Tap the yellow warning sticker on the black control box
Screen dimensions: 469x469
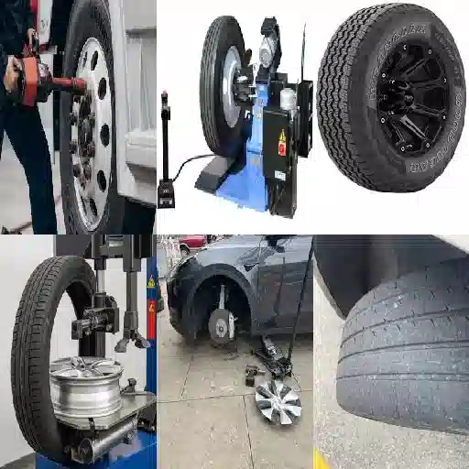(281, 140)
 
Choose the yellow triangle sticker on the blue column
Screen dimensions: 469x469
(151, 282)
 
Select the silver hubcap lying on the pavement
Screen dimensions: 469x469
(277, 400)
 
